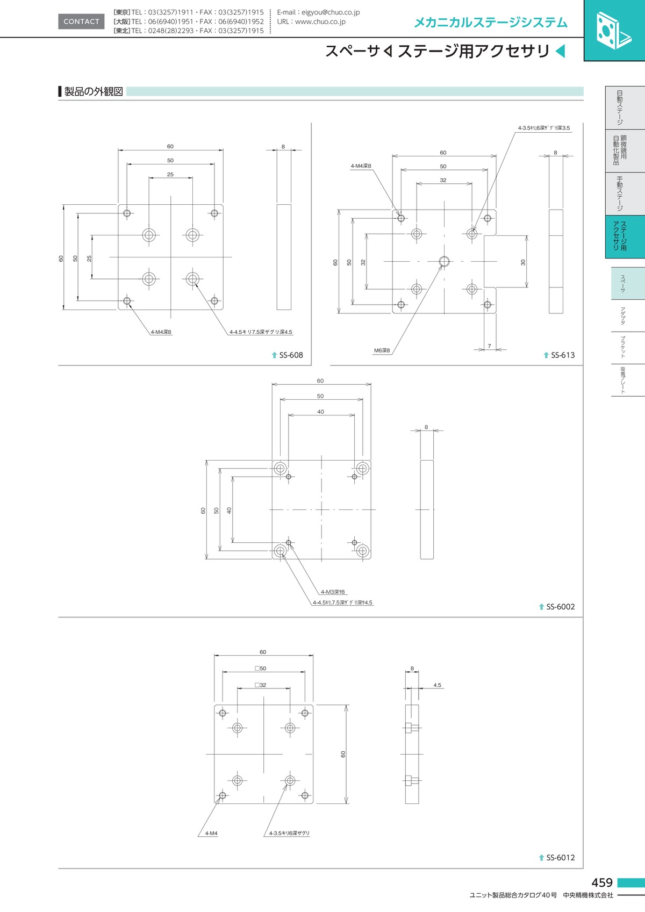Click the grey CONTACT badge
(81, 21)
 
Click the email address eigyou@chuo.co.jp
(331, 12)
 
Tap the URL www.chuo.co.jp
(320, 21)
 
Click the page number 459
(602, 882)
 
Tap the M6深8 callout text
(382, 350)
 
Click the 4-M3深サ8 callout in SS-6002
(333, 592)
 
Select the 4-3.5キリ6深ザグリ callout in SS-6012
(289, 834)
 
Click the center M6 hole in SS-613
(445, 261)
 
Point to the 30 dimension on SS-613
(523, 262)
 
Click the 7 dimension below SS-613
(489, 346)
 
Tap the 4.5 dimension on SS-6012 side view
(437, 685)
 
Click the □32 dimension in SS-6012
(260, 685)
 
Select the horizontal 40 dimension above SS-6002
(320, 412)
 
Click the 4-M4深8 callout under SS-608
(161, 332)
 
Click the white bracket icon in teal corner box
(613, 31)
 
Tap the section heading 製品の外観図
(94, 91)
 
